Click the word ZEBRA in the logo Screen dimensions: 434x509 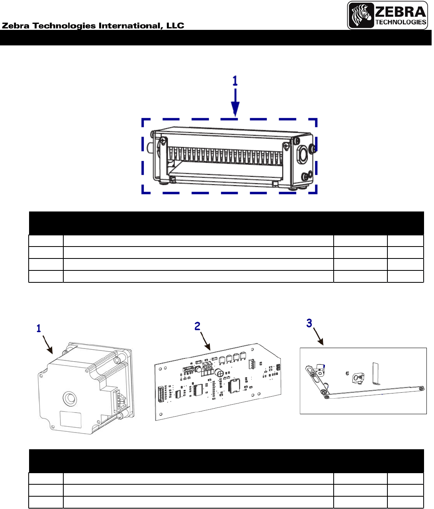[x=401, y=12]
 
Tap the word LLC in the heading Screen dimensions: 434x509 [x=175, y=25]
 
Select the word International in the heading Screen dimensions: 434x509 [x=131, y=26]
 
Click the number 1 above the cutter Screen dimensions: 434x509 [x=235, y=80]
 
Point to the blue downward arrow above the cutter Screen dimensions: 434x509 [x=235, y=102]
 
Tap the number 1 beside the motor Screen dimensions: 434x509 [x=39, y=329]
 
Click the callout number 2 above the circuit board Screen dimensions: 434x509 [x=197, y=326]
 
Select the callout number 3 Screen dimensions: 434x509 [x=309, y=323]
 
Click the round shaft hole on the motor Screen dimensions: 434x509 [x=70, y=398]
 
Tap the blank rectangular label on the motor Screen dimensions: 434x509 [x=70, y=420]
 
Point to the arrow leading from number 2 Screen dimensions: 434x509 [x=205, y=341]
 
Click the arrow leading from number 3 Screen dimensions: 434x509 [x=318, y=337]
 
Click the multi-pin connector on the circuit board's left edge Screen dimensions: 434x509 [x=161, y=394]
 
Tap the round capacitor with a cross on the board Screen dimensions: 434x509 [x=219, y=373]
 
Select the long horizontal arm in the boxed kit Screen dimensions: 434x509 [x=374, y=392]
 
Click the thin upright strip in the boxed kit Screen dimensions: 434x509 [x=376, y=373]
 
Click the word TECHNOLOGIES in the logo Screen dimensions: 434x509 [x=401, y=22]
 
